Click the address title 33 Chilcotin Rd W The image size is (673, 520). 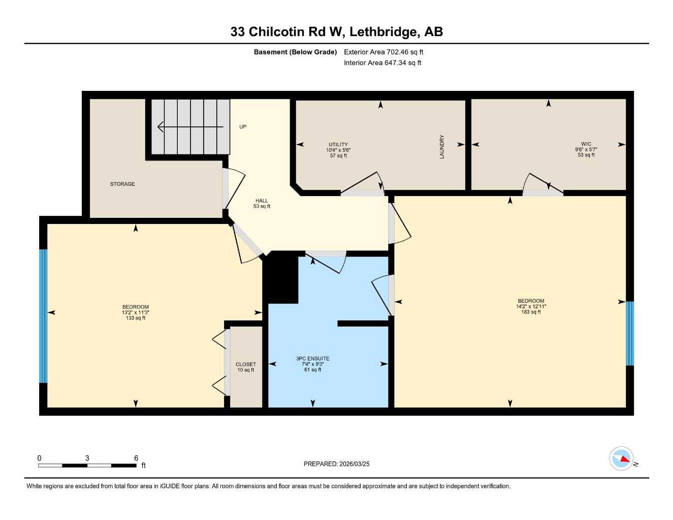click(336, 32)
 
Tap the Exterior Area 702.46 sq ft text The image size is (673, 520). click(383, 52)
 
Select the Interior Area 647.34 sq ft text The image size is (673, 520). click(382, 63)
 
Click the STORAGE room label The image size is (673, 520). click(122, 184)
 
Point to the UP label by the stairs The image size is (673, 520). click(243, 126)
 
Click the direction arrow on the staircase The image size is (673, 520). click(190, 126)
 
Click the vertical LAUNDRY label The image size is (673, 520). click(442, 147)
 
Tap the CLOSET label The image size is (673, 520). click(246, 367)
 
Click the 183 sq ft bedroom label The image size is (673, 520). click(531, 306)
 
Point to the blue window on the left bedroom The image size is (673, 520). click(43, 316)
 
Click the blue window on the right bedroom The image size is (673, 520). click(630, 334)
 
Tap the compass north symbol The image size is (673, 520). click(622, 459)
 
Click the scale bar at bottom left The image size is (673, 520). click(87, 465)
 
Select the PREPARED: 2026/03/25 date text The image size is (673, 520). click(336, 464)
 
